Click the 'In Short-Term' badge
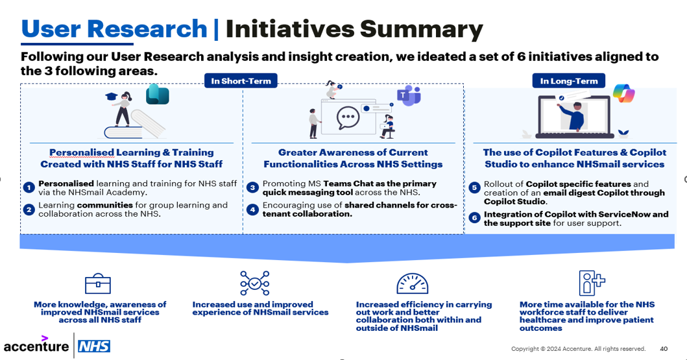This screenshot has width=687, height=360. pos(241,81)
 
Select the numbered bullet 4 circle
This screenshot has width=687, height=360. pos(253,210)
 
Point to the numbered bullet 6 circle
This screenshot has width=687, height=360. pos(474,219)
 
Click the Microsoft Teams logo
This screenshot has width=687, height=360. pos(409,97)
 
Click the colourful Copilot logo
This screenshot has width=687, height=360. pos(623,94)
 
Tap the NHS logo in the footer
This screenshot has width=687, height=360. pos(93,346)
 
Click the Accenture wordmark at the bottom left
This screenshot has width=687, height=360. pos(36,346)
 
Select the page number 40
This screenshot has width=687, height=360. pos(664,348)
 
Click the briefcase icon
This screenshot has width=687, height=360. pos(98,284)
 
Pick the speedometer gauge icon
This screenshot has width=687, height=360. pos(413,284)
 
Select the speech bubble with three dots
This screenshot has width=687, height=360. pos(348,118)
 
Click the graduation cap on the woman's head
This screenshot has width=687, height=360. pos(110,95)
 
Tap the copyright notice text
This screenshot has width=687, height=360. pos(578,348)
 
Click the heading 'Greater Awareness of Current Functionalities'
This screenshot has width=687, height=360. pos(353,158)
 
